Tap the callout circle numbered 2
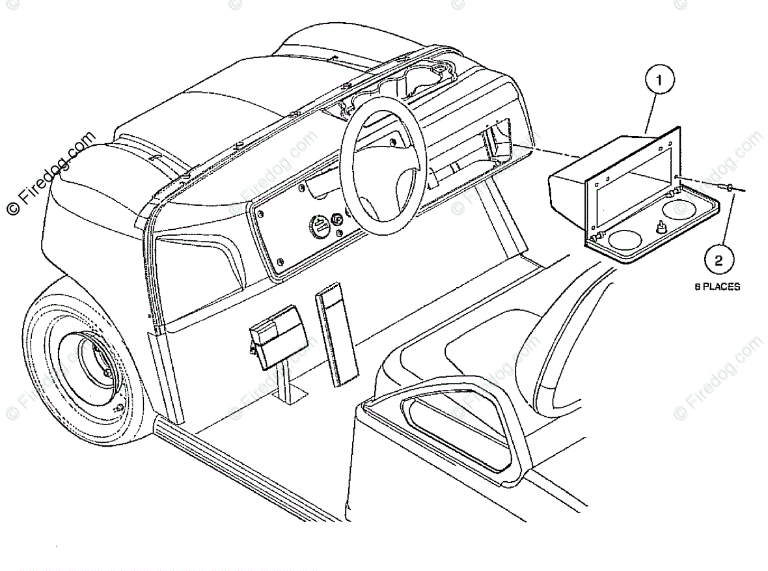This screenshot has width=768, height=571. click(x=718, y=261)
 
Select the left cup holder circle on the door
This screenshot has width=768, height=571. click(x=624, y=239)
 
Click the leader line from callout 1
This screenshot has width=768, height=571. click(x=650, y=113)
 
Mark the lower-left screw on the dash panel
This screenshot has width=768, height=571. click(x=280, y=262)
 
